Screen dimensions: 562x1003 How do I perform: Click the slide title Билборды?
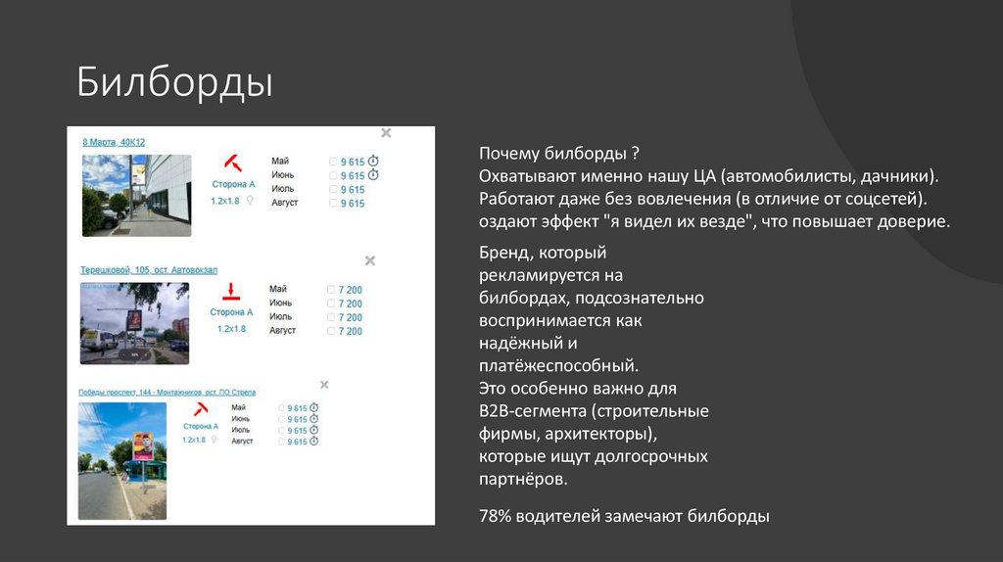pos(175,83)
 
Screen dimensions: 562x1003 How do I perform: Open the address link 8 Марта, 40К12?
pos(114,142)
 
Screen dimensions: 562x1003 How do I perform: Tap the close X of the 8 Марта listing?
pos(386,132)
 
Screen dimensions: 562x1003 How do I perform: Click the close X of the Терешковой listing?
pos(370,260)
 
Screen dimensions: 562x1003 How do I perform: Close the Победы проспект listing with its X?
pos(324,385)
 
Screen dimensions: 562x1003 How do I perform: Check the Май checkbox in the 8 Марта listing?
pos(333,162)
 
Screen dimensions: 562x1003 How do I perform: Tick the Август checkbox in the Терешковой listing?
pos(331,331)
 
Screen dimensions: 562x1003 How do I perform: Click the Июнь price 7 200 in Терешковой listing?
pos(351,304)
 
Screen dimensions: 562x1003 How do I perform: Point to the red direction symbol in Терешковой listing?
pos(231,291)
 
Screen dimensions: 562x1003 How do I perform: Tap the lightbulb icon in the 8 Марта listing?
pos(249,200)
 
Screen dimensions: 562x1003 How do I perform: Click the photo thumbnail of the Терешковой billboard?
pos(134,323)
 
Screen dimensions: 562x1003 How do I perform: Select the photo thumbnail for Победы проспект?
pos(122,460)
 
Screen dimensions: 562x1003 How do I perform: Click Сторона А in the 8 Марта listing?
pos(233,184)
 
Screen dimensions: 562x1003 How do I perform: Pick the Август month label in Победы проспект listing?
pos(242,442)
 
